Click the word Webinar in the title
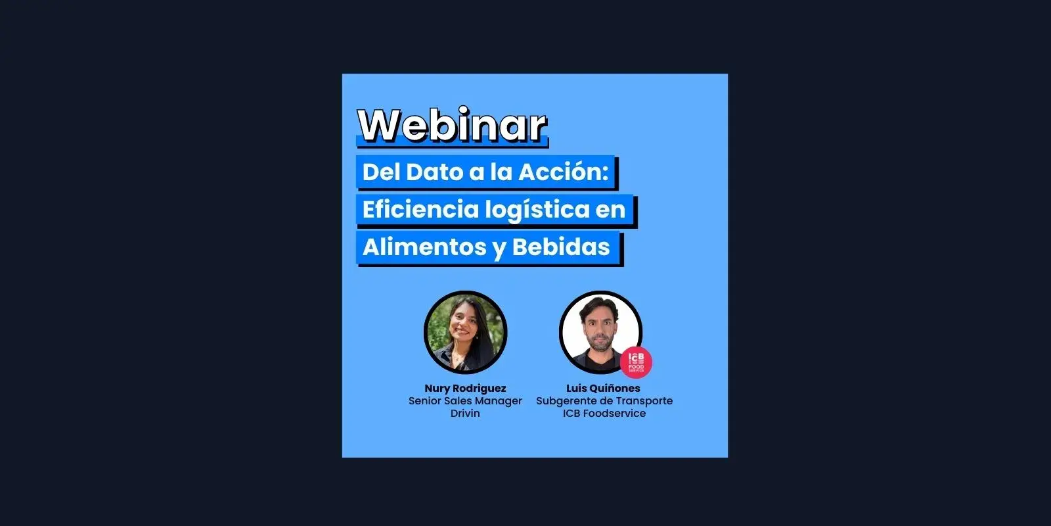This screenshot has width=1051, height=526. pyautogui.click(x=453, y=125)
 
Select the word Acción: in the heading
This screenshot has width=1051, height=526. pyautogui.click(x=564, y=172)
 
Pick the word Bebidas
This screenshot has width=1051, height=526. pyautogui.click(x=561, y=247)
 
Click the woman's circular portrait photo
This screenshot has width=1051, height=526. pyautogui.click(x=466, y=332)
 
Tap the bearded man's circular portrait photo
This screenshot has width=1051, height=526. pyautogui.click(x=600, y=332)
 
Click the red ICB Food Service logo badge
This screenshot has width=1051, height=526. pyautogui.click(x=636, y=362)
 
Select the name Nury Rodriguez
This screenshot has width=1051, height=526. pyautogui.click(x=465, y=389)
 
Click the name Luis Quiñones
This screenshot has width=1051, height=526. pyautogui.click(x=603, y=389)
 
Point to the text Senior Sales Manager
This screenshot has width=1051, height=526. pyautogui.click(x=465, y=400)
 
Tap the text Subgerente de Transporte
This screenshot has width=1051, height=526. pyautogui.click(x=604, y=400)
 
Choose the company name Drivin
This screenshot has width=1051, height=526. pyautogui.click(x=465, y=414)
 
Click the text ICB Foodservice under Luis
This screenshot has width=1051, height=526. pyautogui.click(x=604, y=414)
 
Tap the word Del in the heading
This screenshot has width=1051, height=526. pyautogui.click(x=381, y=172)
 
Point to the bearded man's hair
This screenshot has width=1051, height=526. pyautogui.click(x=600, y=306)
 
